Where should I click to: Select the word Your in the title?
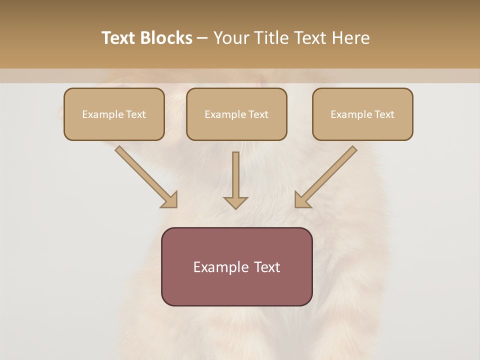tap(231, 38)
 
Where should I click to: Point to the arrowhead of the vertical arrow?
tap(235, 202)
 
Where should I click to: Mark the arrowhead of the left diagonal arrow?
tap(170, 200)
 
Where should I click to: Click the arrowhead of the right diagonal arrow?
tap(302, 200)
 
